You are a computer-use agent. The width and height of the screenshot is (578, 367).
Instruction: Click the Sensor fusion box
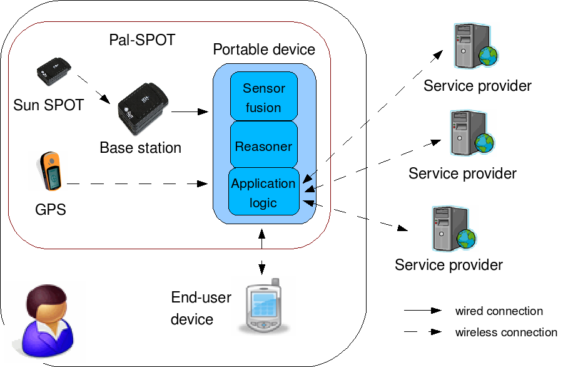(263, 97)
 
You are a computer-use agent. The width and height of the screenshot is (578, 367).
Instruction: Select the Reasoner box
(263, 147)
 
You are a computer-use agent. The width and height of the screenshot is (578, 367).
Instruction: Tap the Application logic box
(263, 192)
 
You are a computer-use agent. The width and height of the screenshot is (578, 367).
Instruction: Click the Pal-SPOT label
(142, 40)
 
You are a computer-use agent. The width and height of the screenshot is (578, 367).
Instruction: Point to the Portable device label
(264, 49)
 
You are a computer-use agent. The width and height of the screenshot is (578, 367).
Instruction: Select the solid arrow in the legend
(423, 311)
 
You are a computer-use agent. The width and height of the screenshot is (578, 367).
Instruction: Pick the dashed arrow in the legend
(423, 332)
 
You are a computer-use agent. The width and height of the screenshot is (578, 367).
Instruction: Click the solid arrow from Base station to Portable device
(189, 112)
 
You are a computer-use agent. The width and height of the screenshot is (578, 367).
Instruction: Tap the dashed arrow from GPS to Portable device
(137, 184)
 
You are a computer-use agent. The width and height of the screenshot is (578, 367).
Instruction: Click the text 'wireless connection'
(505, 332)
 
